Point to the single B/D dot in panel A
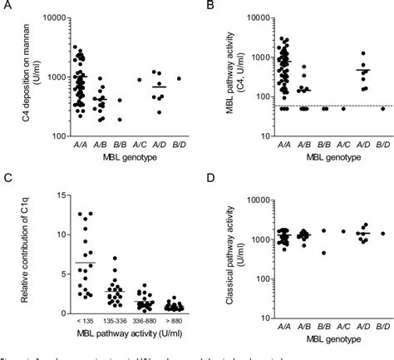179,79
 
